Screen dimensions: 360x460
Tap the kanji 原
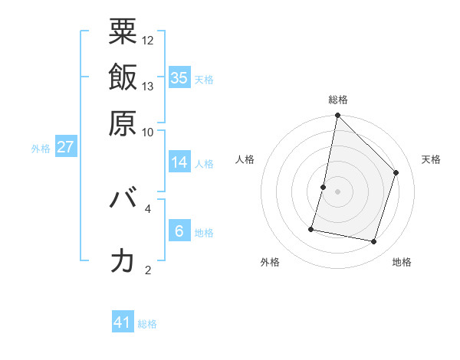pos(123,122)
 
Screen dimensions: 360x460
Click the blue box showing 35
pos(179,77)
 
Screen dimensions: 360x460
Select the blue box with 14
pos(179,162)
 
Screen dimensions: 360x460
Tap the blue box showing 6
pos(179,231)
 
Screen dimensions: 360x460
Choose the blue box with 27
pos(65,147)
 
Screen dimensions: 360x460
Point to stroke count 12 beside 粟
pos(148,40)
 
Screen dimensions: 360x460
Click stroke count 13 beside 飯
pos(148,86)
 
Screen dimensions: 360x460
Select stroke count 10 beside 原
pos(148,131)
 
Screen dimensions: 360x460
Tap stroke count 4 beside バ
pos(148,207)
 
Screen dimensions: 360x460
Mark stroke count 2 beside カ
pos(148,269)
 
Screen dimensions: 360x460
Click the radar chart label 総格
pos(337,100)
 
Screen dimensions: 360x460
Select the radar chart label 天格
pos(431,159)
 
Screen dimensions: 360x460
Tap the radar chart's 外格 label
pos(270,262)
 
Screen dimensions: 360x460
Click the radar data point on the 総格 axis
pos(337,116)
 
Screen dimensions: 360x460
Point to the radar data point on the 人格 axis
pos(324,187)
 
